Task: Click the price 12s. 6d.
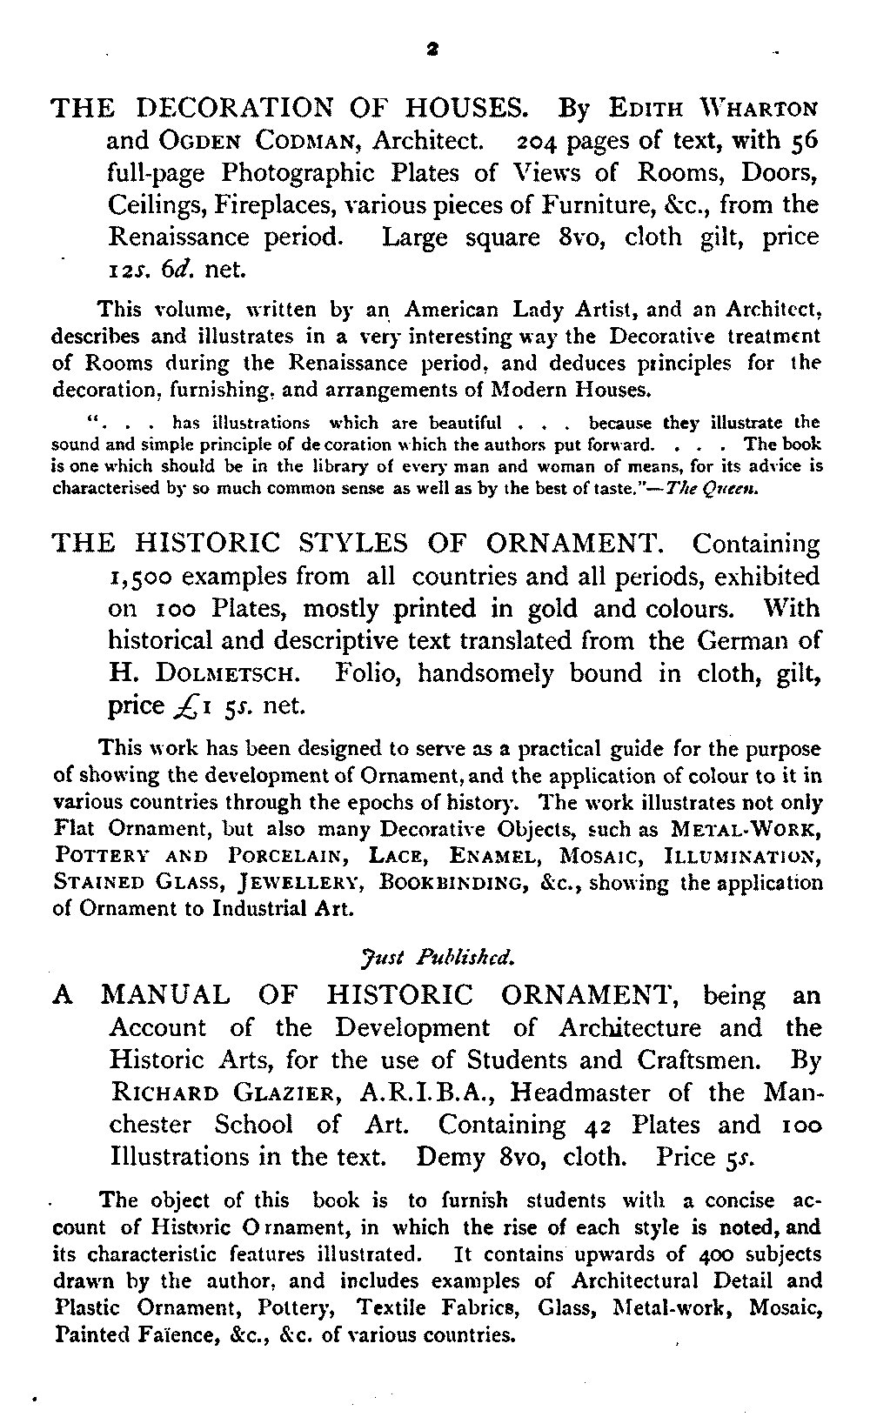pos(153,271)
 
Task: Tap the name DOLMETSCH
pos(231,674)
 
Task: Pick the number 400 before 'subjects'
pos(722,1255)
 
